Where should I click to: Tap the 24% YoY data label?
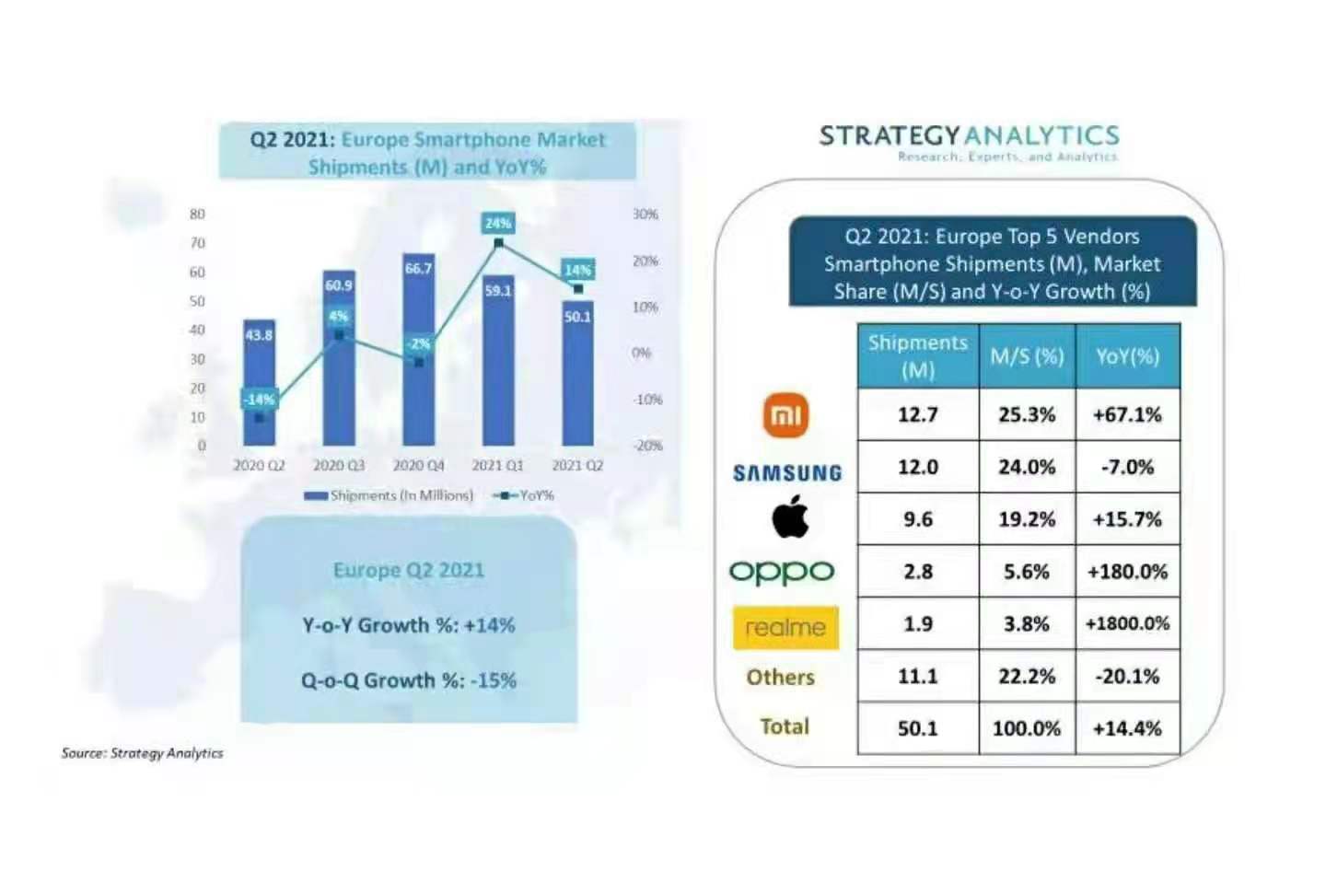498,223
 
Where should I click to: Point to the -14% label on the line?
259,399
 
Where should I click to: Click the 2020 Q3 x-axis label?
339,466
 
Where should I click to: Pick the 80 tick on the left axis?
197,215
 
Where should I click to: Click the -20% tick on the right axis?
647,446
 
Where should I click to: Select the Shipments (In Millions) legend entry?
390,495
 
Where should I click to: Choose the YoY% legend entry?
525,495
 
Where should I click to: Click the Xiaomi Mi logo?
785,415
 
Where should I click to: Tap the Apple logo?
790,517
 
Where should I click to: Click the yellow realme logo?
785,627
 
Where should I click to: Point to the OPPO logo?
782,572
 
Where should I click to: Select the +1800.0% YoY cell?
1127,623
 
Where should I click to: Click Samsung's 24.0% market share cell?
1027,467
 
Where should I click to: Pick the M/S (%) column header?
1027,356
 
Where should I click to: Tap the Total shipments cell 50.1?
917,728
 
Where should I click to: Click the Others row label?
781,677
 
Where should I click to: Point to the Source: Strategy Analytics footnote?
143,753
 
